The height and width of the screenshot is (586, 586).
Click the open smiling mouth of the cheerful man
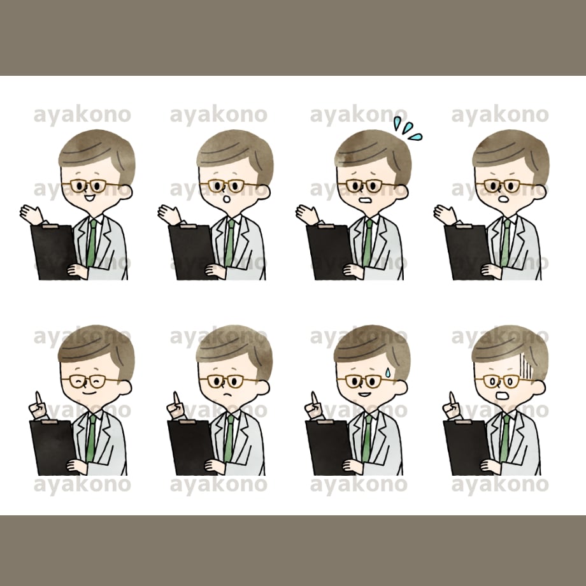coord(89,197)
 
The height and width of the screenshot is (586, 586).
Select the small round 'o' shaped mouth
coord(227,199)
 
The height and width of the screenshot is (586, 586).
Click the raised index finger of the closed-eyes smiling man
coord(38,398)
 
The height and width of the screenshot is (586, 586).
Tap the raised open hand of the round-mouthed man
coord(168,215)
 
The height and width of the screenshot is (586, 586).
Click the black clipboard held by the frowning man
coord(190,447)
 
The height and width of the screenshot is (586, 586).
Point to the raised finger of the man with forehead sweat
coord(314,398)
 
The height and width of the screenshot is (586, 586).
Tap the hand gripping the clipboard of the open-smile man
coord(77,271)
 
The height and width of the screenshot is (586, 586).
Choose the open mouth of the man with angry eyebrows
coord(503,199)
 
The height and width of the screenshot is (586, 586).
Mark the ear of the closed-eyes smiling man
coord(125,387)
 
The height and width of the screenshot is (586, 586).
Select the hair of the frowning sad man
coord(234,348)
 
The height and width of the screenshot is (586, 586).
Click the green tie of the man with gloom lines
coord(505,438)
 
